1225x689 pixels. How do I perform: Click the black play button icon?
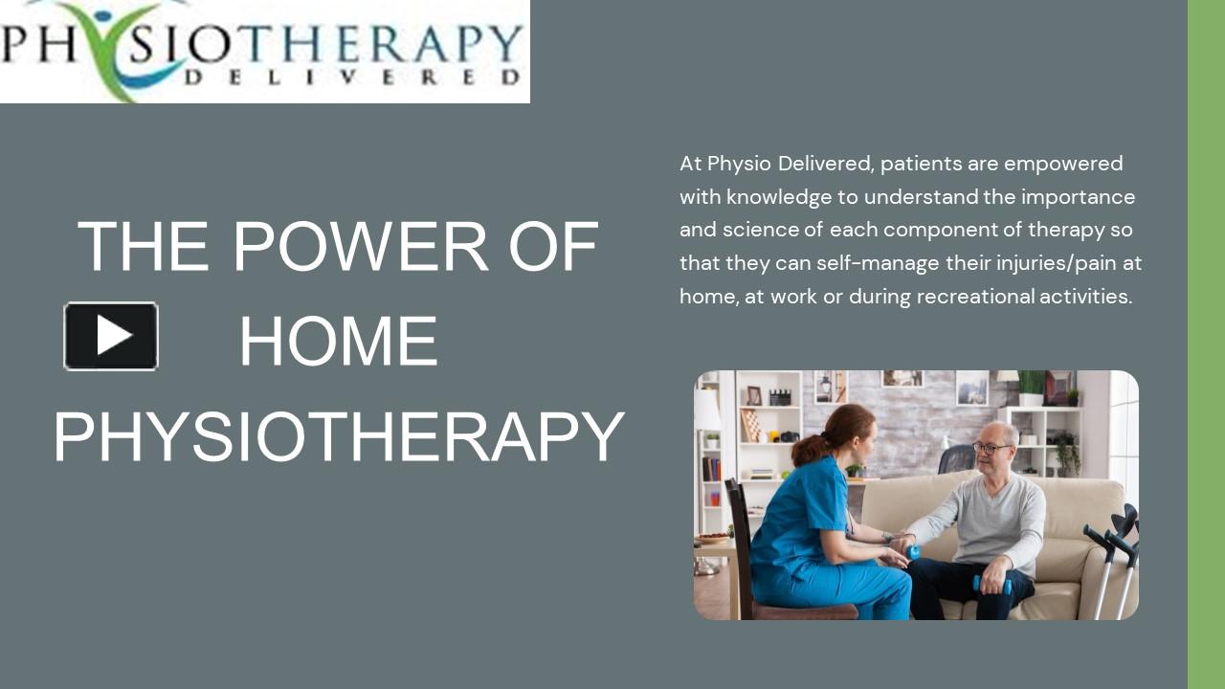point(111,336)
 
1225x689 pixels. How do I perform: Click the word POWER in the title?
point(362,247)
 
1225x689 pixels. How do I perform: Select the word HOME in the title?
point(338,342)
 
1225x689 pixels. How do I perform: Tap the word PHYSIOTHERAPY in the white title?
point(339,436)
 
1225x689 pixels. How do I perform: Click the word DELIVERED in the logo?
point(353,77)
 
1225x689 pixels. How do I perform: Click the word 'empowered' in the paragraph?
point(1063,164)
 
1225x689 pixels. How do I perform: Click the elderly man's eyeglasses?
point(991,447)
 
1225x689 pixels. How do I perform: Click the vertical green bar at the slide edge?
point(1206,344)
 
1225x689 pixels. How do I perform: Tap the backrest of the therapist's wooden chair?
point(738,536)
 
